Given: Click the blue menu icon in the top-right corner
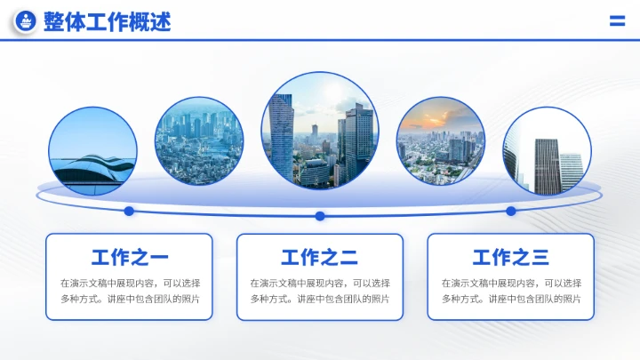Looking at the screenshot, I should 617,21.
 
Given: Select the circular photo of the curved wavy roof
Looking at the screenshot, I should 92,151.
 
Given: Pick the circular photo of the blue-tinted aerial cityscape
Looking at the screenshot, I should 199,141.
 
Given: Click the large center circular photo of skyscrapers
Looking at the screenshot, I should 320,130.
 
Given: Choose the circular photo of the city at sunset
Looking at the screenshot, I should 440,141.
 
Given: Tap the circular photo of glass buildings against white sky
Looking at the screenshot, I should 547,151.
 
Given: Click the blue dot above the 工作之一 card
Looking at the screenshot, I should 129,211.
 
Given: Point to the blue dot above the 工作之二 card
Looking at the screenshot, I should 320,216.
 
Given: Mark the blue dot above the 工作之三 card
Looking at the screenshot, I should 511,211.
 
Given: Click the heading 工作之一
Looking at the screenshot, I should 129,258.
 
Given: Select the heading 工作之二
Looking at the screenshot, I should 320,258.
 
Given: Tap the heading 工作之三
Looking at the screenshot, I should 511,258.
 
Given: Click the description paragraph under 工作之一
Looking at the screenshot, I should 129,291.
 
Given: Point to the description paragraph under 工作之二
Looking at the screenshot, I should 320,291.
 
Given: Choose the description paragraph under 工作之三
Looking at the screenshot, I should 511,291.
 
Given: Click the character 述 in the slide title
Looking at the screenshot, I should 161,21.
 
